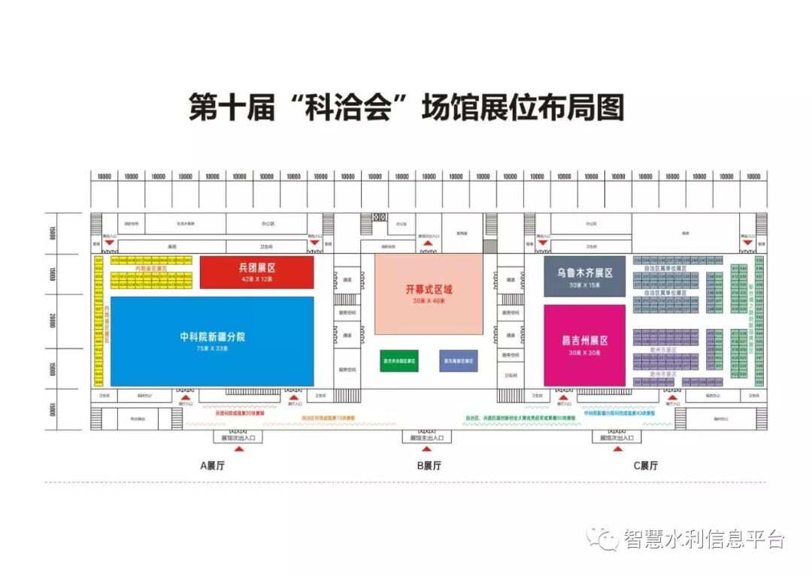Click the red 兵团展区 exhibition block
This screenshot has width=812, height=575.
click(x=256, y=272)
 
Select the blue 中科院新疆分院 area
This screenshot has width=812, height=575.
click(x=212, y=340)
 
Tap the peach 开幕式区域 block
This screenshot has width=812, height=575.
click(x=429, y=294)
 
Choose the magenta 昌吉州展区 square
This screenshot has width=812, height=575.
click(x=585, y=345)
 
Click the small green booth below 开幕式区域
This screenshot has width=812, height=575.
click(x=398, y=361)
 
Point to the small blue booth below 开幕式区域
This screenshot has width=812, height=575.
click(x=458, y=361)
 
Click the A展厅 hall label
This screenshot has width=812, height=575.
click(x=212, y=466)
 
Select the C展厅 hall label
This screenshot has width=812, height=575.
click(x=645, y=466)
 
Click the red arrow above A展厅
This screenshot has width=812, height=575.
click(x=239, y=449)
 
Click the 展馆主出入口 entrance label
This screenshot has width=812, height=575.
click(x=427, y=437)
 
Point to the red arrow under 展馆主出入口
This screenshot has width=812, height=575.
click(x=427, y=449)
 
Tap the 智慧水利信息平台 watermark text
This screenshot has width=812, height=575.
click(x=704, y=539)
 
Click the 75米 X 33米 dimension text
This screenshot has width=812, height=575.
click(x=213, y=348)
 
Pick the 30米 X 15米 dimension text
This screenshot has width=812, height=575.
click(x=585, y=285)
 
